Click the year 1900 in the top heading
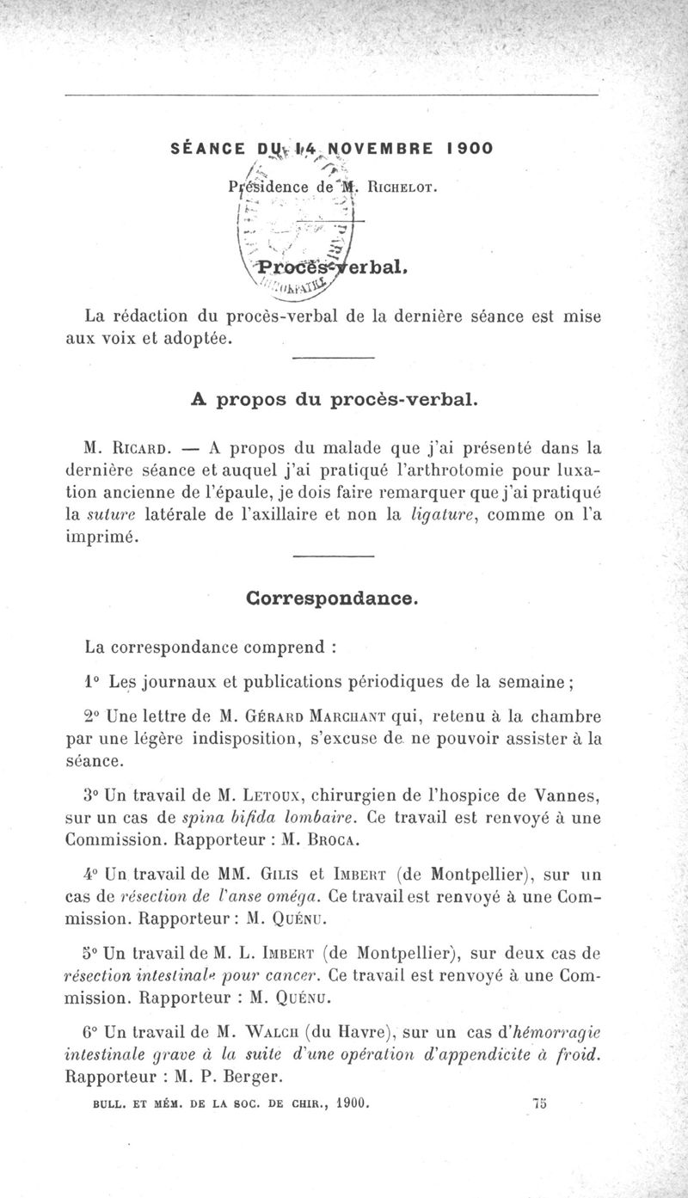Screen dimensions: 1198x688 [470, 148]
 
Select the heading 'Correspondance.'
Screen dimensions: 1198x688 [332, 597]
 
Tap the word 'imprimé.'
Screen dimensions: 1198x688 [101, 537]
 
